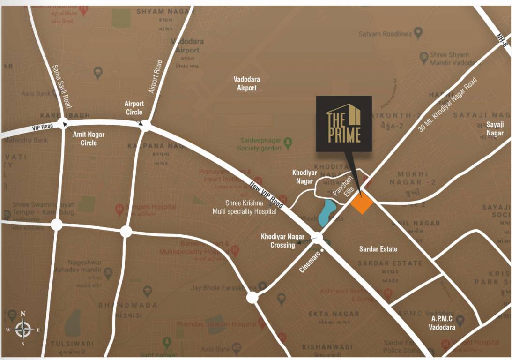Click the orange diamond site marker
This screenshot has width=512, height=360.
tap(362, 203)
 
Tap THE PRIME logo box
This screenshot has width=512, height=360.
tap(344, 124)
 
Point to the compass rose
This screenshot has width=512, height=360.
tap(23, 329)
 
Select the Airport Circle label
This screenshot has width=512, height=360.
tap(134, 108)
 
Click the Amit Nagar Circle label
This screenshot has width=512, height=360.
tap(89, 138)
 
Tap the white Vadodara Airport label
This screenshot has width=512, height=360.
tap(247, 83)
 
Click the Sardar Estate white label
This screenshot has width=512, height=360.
tap(378, 249)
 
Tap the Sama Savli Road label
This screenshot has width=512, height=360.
tap(61, 86)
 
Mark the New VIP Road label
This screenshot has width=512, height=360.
tap(266, 194)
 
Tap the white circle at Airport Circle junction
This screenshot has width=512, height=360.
tap(145, 126)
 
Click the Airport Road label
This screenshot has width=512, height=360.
tap(155, 76)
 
